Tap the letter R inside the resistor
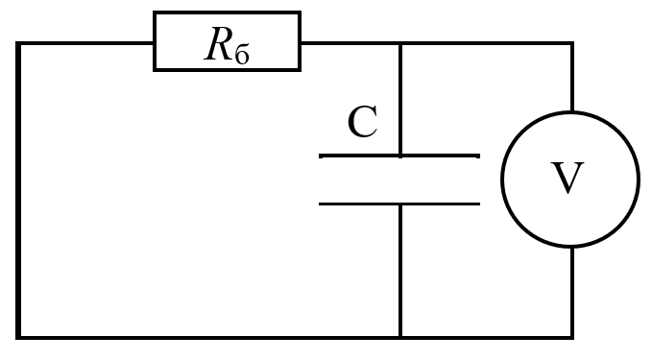tap(217, 43)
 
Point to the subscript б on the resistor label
tap(242, 55)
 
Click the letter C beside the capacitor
tap(363, 121)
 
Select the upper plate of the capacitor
tap(399, 156)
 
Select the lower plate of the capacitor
tap(399, 204)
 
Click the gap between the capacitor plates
tap(399, 180)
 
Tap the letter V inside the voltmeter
tap(567, 178)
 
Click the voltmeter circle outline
tap(501, 180)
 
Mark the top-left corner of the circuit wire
tap(18, 43)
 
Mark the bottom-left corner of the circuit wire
tap(18, 337)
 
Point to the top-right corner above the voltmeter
tap(572, 43)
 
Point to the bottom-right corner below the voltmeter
tap(572, 337)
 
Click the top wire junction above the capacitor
tap(400, 43)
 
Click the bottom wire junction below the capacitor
tap(400, 337)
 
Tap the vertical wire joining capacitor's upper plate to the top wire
tap(400, 99)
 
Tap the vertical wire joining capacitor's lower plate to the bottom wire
tap(400, 270)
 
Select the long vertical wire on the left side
tap(18, 190)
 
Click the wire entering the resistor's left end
tap(85, 43)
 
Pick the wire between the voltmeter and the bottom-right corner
tap(572, 293)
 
